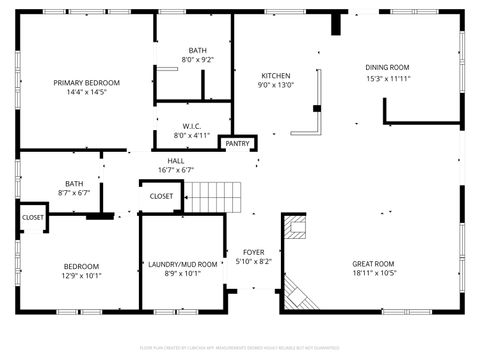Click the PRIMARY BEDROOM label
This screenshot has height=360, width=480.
[x=86, y=82]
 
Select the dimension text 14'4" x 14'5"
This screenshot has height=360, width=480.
[x=86, y=92]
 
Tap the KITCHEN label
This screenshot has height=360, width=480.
[x=276, y=76]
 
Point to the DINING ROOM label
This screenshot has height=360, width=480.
[x=387, y=67]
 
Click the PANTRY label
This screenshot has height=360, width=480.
[x=237, y=144]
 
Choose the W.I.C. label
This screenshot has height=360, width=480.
[x=192, y=126]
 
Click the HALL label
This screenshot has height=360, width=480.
[x=176, y=161]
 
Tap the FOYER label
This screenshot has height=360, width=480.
[x=253, y=252]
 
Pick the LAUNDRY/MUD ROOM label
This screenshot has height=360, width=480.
[x=182, y=265]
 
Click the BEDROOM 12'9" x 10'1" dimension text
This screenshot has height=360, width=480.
[x=81, y=275]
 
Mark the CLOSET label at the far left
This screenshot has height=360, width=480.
[x=33, y=217]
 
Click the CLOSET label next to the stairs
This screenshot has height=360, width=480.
[x=161, y=197]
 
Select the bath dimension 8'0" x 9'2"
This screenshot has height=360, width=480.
[x=197, y=60]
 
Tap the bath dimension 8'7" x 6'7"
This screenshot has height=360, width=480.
[x=74, y=193]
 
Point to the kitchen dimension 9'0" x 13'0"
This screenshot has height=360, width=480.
[x=276, y=86]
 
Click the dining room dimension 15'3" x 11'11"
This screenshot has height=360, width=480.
[x=387, y=78]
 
